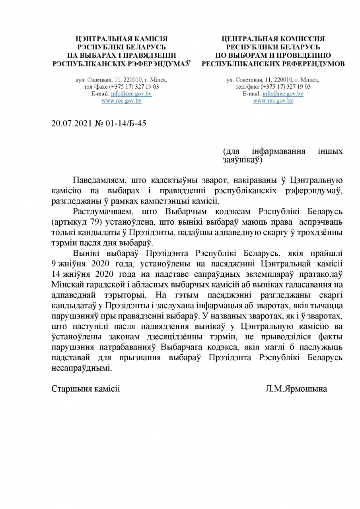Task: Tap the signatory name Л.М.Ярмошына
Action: pyautogui.click(x=296, y=389)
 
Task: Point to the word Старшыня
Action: pyautogui.click(x=72, y=389)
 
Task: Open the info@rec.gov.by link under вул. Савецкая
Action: pyautogui.click(x=131, y=94)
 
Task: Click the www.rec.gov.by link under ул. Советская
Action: pyautogui.click(x=273, y=101)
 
